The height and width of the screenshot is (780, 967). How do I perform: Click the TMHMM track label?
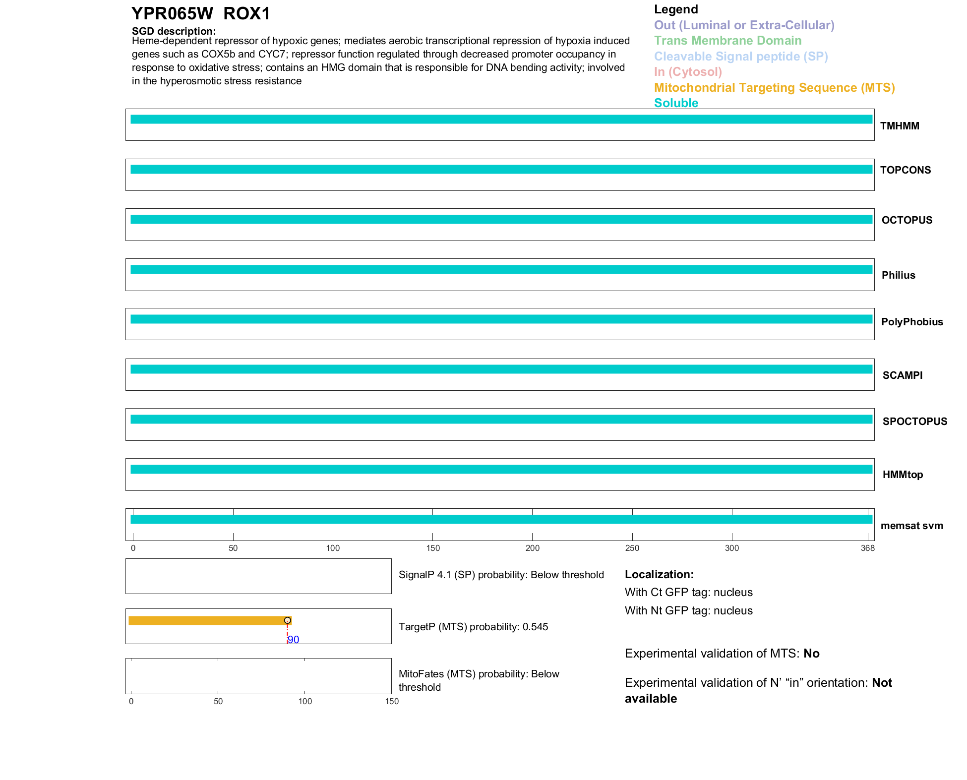pyautogui.click(x=899, y=126)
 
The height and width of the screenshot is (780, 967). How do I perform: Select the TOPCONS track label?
pyautogui.click(x=905, y=170)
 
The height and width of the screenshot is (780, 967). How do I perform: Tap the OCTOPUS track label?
pyautogui.click(x=907, y=220)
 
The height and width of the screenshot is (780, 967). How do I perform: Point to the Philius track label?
pyautogui.click(x=898, y=275)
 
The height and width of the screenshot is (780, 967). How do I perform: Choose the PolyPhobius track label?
pyautogui.click(x=911, y=322)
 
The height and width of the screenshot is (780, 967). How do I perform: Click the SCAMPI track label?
pyautogui.click(x=902, y=375)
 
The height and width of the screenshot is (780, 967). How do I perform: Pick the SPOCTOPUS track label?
pyautogui.click(x=914, y=421)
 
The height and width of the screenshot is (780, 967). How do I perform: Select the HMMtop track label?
pyautogui.click(x=903, y=475)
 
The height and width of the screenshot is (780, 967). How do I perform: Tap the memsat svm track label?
pyautogui.click(x=911, y=526)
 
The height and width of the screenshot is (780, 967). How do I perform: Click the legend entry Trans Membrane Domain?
pyautogui.click(x=727, y=41)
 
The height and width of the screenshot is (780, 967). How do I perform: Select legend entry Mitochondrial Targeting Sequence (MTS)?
pyautogui.click(x=774, y=88)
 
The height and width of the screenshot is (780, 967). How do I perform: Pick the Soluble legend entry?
pyautogui.click(x=676, y=103)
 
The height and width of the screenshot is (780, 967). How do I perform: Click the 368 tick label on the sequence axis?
pyautogui.click(x=867, y=548)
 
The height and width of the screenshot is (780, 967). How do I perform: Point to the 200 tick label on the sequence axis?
pyautogui.click(x=532, y=548)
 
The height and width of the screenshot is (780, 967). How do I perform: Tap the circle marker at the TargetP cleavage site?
pyautogui.click(x=287, y=620)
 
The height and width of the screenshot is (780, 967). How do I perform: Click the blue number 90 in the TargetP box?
pyautogui.click(x=294, y=640)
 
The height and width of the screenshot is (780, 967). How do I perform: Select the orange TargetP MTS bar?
pyautogui.click(x=208, y=620)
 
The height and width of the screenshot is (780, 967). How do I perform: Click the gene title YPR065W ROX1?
pyautogui.click(x=201, y=13)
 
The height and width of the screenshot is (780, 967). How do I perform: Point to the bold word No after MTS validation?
pyautogui.click(x=811, y=654)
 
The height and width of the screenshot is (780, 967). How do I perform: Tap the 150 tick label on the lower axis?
pyautogui.click(x=392, y=701)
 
